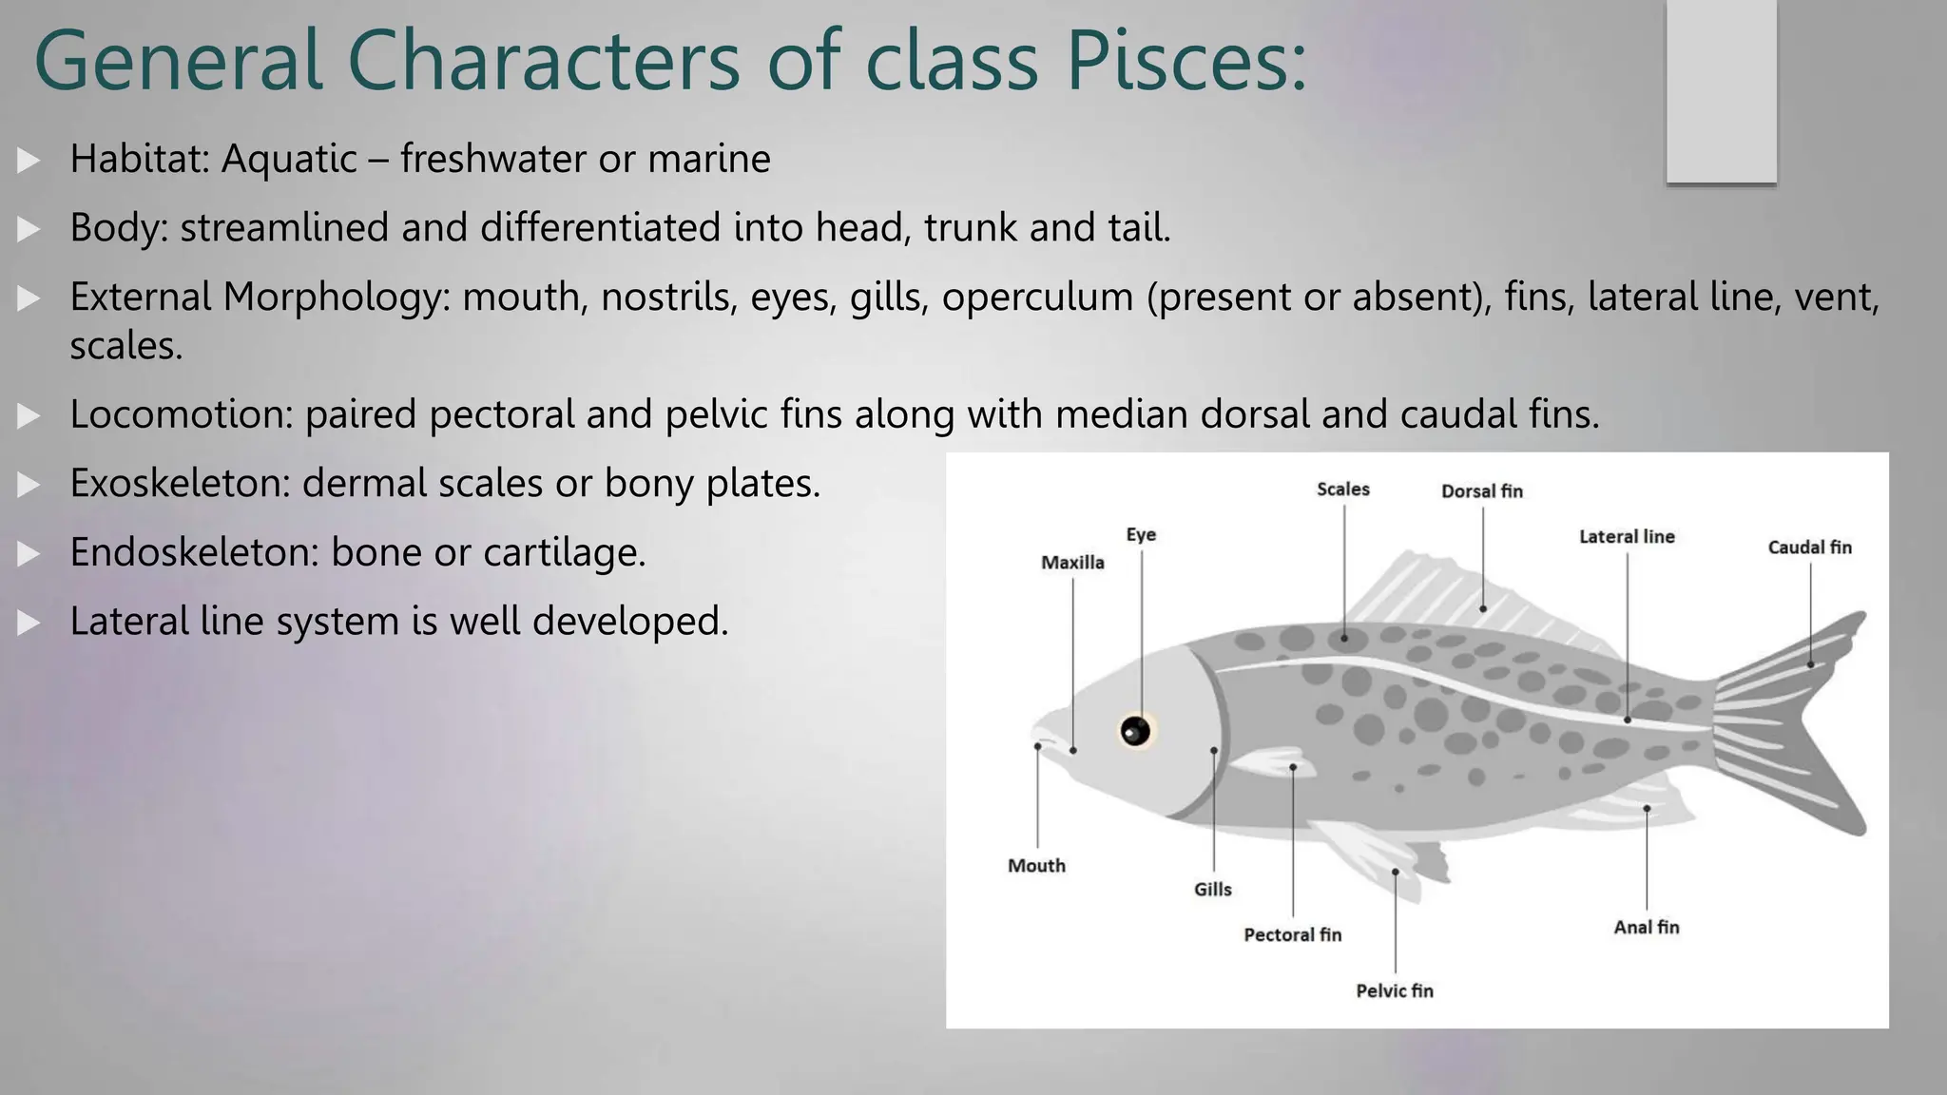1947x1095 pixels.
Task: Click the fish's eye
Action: pos(1135,731)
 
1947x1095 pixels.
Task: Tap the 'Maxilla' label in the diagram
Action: pos(1072,563)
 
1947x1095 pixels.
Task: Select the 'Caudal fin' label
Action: pos(1809,547)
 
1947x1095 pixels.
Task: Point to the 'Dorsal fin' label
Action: pos(1481,491)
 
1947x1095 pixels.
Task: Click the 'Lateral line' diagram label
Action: pos(1627,537)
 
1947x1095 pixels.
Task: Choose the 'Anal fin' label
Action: pos(1646,928)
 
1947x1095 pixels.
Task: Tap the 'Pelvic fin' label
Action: pos(1394,991)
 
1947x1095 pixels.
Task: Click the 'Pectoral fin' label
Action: pos(1292,935)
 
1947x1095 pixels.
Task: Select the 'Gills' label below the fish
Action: pos(1212,890)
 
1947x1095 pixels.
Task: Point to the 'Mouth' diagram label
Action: pos(1036,866)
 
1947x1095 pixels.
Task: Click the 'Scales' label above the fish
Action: pos(1342,490)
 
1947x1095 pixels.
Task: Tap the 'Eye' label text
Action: pos(1141,535)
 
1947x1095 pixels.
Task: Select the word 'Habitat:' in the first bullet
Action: pos(139,159)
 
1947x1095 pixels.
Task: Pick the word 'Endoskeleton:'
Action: pos(194,552)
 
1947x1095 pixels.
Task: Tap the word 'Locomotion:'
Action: pos(181,414)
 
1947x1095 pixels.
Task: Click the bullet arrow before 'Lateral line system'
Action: pos(29,623)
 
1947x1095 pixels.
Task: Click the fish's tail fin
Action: pos(1787,722)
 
